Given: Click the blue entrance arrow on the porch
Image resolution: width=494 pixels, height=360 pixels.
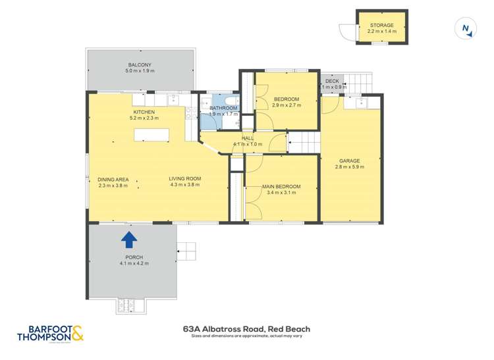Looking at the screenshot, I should coord(130,238).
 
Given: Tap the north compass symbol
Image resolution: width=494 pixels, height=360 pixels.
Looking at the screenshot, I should coord(466,28).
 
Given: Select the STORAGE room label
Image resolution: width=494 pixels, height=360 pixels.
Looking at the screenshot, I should coord(381,25).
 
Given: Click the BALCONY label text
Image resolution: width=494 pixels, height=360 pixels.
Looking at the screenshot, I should coord(140,64).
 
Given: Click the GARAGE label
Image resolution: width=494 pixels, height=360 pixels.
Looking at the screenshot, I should coord(349,161).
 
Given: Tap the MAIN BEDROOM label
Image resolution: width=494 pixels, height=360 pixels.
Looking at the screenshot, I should coord(281,187).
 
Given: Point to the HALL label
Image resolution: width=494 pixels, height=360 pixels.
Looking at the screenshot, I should coord(248,138).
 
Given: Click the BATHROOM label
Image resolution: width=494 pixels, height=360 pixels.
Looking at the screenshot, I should coord(223,108).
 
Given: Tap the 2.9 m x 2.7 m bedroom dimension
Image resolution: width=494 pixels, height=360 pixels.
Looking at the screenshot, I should coord(287,105).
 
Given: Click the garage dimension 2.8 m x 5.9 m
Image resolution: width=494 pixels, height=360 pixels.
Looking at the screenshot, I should coord(349,167).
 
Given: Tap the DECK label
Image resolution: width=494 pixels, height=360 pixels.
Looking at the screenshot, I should coord(332,81).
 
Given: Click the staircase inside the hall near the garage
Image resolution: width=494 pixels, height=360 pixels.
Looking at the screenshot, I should coord(304,141).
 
